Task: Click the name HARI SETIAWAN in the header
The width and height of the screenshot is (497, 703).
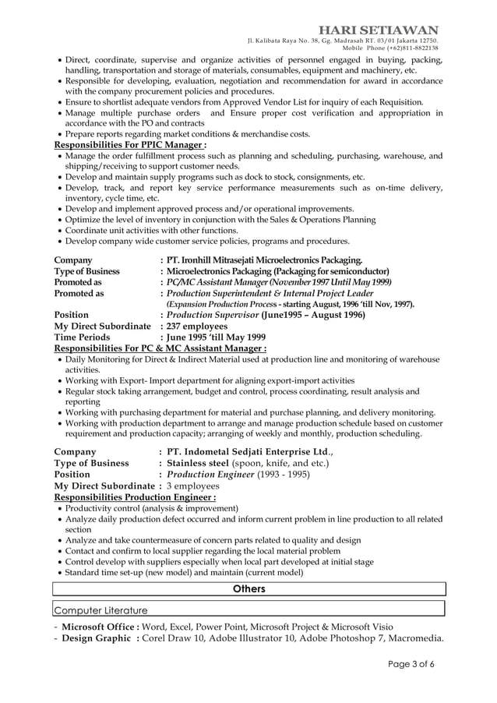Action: [384, 30]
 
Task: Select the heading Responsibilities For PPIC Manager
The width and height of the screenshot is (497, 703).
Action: [130, 145]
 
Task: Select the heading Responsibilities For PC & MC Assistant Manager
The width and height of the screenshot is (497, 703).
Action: [160, 348]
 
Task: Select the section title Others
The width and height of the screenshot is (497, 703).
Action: [249, 589]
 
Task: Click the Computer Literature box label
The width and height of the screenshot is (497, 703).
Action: [100, 609]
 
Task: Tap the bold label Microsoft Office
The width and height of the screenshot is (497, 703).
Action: [100, 627]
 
